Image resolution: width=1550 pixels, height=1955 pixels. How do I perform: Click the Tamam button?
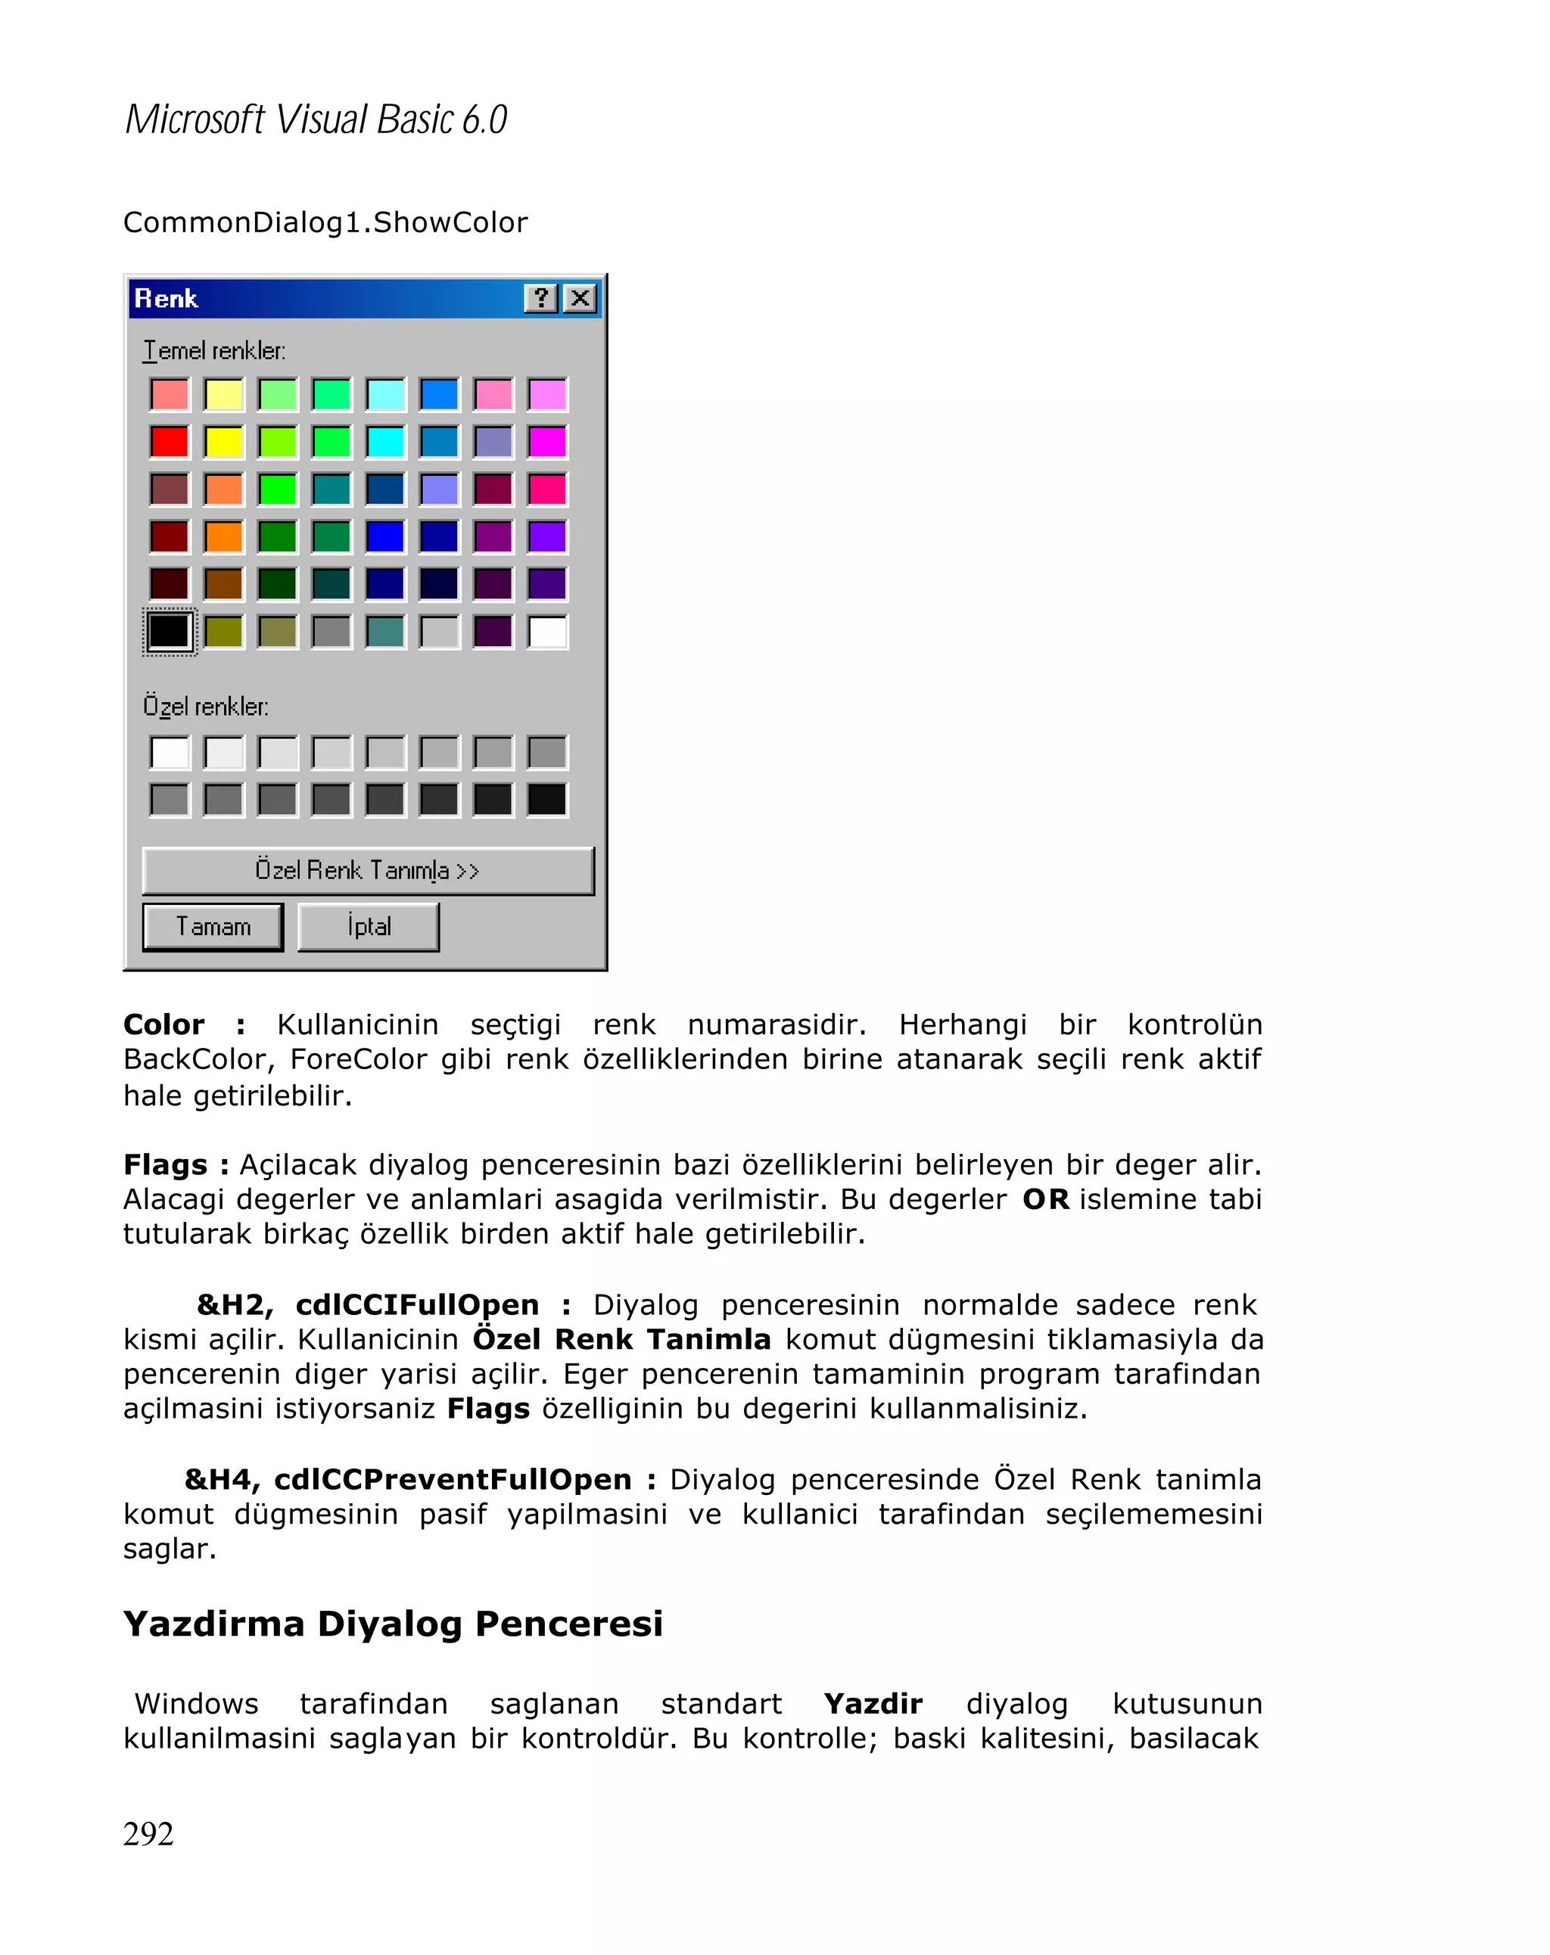tap(212, 927)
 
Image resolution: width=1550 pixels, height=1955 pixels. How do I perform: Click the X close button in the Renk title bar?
tap(580, 297)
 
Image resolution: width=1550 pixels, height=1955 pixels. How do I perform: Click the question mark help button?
tap(540, 297)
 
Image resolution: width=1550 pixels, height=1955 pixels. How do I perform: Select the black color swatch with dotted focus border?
tap(170, 631)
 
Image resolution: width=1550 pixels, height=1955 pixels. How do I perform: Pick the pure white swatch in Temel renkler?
tap(547, 631)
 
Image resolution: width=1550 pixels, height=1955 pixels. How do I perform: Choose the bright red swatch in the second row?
tap(170, 442)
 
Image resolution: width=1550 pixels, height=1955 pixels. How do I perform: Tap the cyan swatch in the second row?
tap(385, 442)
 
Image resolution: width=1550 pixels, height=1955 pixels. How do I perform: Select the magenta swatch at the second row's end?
tap(547, 442)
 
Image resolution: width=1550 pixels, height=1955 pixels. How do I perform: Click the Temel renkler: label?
tap(214, 351)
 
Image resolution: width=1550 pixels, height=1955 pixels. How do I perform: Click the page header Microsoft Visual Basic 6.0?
tap(316, 120)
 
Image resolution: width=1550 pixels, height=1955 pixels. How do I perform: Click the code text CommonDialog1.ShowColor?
tap(325, 222)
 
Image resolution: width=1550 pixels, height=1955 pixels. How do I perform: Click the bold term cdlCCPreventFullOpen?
tap(452, 1480)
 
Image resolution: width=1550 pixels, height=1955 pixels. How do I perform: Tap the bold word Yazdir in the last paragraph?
tap(873, 1704)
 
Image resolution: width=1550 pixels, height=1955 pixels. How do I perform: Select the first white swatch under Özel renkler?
tap(170, 753)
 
